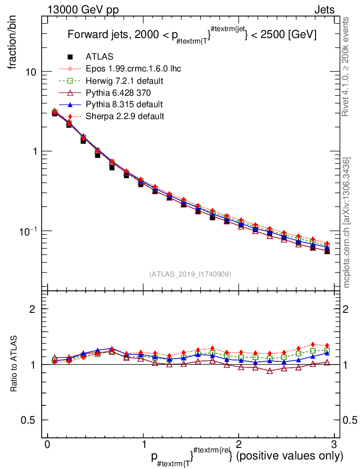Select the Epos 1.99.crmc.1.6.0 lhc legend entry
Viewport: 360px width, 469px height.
(133, 69)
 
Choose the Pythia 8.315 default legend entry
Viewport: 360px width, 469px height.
(124, 104)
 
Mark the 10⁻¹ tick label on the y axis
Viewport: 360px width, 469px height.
(28, 230)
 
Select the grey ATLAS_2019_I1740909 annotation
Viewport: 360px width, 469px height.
(190, 274)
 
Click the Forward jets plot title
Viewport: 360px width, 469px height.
(192, 35)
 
